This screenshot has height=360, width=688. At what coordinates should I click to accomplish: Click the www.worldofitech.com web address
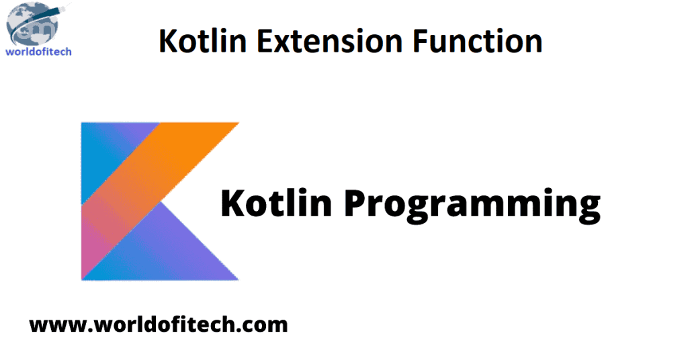pos(159,326)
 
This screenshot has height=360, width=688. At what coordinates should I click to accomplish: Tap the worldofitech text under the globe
pos(38,51)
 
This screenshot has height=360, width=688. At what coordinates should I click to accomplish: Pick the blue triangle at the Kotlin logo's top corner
pos(107,151)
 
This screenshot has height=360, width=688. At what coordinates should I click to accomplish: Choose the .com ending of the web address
pos(265,326)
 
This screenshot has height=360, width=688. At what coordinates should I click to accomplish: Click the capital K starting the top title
pos(167,42)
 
